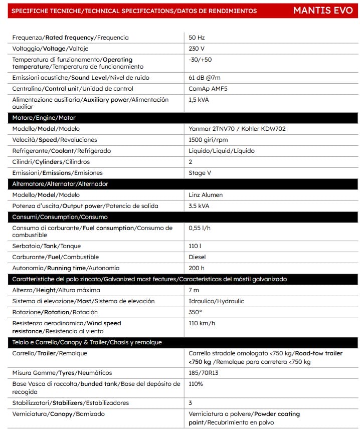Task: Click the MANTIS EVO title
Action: pyautogui.click(x=326, y=11)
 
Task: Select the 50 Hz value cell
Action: pyautogui.click(x=197, y=38)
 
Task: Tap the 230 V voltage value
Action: pyautogui.click(x=196, y=49)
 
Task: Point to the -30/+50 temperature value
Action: pyautogui.click(x=200, y=60)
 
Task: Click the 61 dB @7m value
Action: pyautogui.click(x=205, y=78)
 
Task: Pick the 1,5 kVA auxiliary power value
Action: pyautogui.click(x=199, y=100)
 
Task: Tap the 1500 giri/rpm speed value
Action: pyautogui.click(x=208, y=140)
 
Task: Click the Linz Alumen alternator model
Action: pyautogui.click(x=206, y=195)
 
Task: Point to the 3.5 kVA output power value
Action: pyautogui.click(x=199, y=206)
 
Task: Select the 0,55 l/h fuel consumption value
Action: pyautogui.click(x=199, y=228)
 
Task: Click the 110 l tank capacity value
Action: pyautogui.click(x=195, y=246)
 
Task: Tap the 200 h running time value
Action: pyautogui.click(x=197, y=268)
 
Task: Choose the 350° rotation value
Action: pyautogui.click(x=195, y=312)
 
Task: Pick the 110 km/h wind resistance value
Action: pyautogui.click(x=202, y=323)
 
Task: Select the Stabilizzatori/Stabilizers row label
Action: pyautogui.click(x=70, y=403)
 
